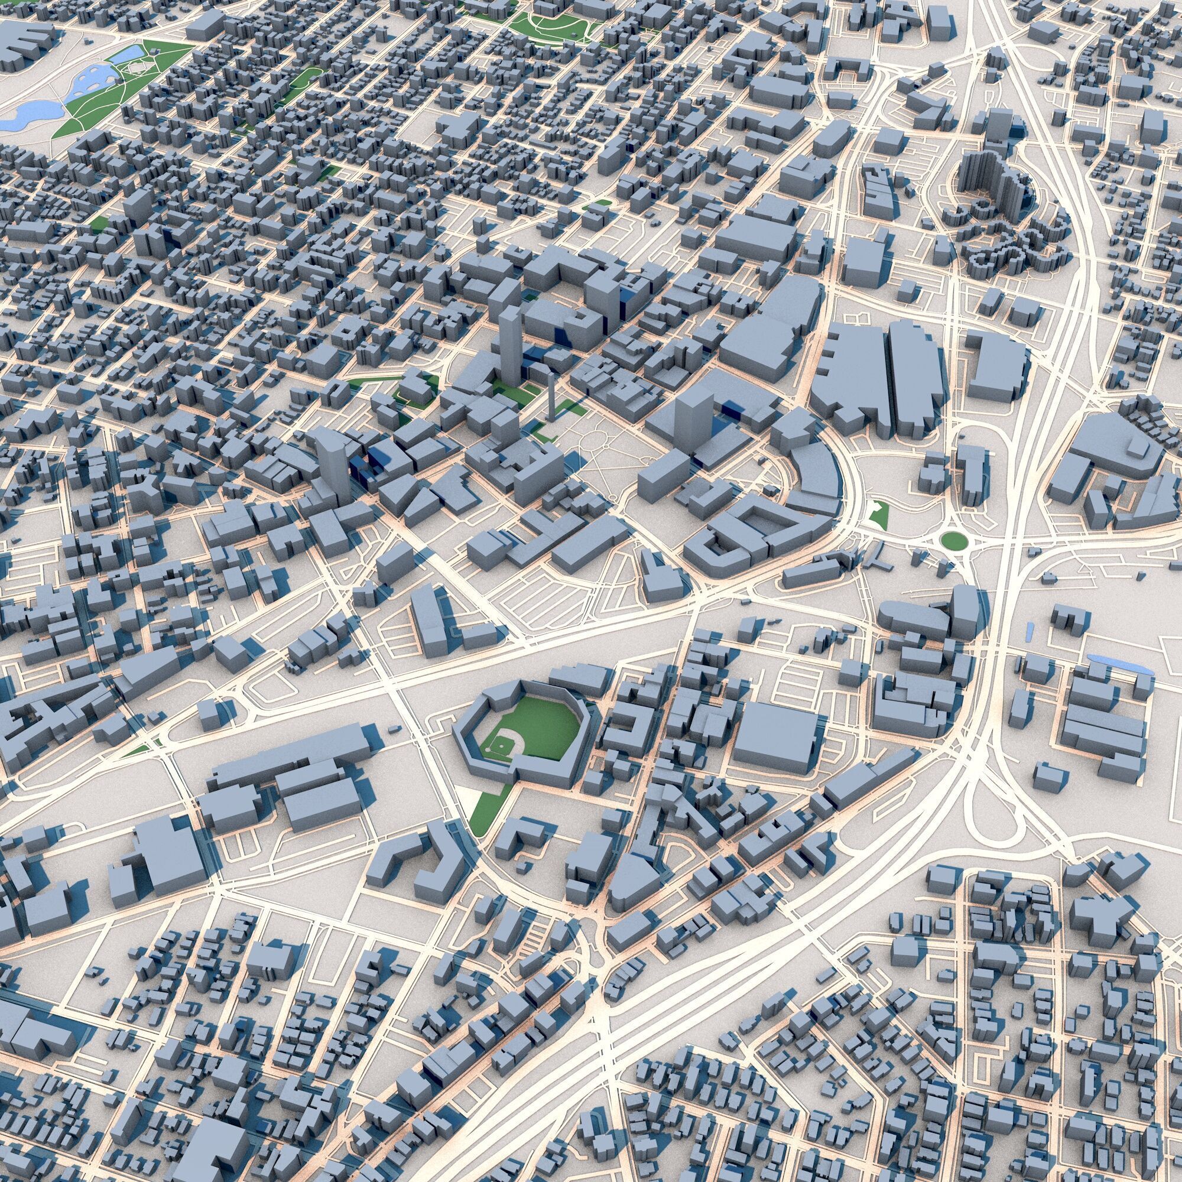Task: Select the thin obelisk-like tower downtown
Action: click(x=551, y=398)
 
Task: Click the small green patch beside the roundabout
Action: click(x=879, y=515)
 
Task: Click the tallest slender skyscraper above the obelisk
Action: click(x=509, y=346)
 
